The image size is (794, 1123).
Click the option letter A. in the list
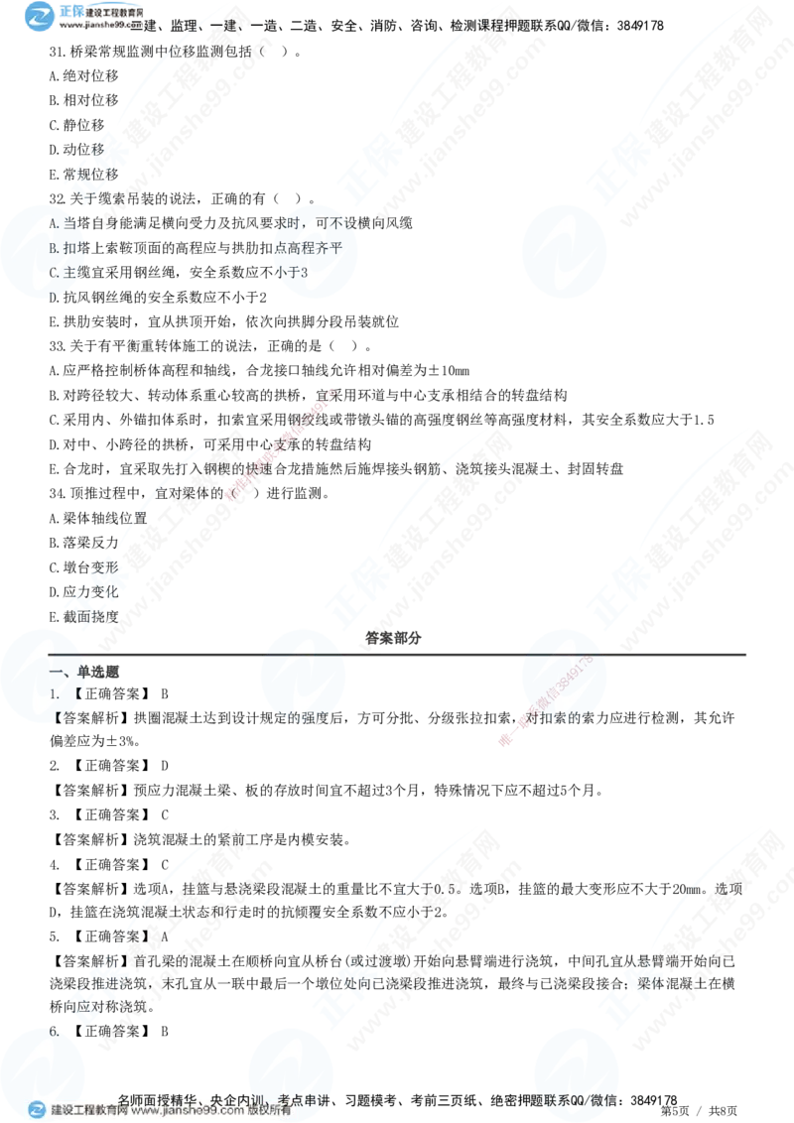point(56,224)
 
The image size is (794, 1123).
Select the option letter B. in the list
point(56,248)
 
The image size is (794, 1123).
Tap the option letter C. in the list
point(56,272)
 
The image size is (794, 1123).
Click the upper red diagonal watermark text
point(282,443)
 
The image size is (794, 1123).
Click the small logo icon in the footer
point(37,1110)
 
